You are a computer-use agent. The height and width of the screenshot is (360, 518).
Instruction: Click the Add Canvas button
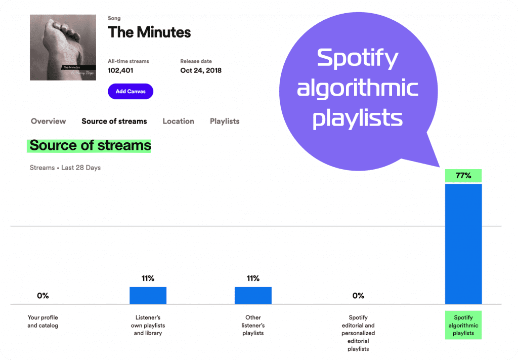(x=130, y=92)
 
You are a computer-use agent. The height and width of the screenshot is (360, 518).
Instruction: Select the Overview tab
(x=48, y=122)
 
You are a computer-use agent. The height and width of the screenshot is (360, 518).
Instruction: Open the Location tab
(x=178, y=122)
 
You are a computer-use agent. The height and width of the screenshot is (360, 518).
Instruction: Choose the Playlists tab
(x=225, y=122)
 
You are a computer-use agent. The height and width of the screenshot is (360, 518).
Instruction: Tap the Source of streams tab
(x=114, y=122)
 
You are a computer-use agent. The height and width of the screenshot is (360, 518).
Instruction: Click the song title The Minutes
(x=149, y=33)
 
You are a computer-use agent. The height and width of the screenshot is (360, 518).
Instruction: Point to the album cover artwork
(x=63, y=47)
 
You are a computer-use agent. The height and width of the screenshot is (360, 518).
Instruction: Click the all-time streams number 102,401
(x=120, y=71)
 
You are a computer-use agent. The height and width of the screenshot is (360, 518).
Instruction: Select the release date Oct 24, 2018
(x=201, y=71)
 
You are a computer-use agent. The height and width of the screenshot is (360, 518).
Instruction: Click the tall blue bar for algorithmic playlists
(x=463, y=243)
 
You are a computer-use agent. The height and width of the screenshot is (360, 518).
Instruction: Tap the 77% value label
(x=463, y=176)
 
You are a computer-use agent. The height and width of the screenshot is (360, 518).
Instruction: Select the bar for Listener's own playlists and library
(x=148, y=295)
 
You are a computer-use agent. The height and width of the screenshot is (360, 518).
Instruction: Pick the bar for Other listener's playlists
(x=253, y=295)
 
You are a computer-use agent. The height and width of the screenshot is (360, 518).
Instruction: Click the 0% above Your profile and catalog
(x=43, y=296)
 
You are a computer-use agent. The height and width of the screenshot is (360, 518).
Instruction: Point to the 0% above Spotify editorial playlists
(x=358, y=296)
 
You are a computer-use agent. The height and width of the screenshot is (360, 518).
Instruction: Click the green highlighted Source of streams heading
(x=90, y=146)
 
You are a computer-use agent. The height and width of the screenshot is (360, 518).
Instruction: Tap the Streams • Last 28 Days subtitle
(x=65, y=168)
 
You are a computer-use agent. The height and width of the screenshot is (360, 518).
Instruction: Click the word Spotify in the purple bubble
(x=357, y=59)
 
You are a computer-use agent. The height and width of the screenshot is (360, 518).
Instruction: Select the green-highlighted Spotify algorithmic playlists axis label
(x=463, y=325)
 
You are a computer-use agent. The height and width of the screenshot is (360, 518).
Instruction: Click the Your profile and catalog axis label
(x=43, y=322)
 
